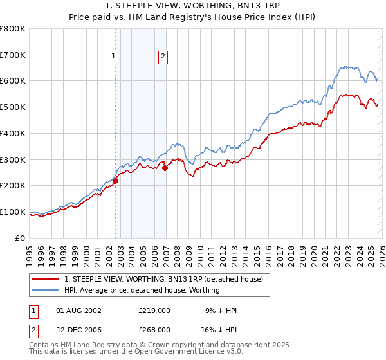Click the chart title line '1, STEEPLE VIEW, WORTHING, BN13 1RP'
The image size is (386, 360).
(x=193, y=6)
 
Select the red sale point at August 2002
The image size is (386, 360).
(x=116, y=181)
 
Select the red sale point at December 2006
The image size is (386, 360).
(x=165, y=168)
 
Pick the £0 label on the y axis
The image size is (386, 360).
(x=21, y=238)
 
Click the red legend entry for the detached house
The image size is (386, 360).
(x=163, y=279)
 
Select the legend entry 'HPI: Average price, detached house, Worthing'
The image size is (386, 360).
(x=142, y=290)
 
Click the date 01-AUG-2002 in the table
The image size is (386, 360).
(x=78, y=310)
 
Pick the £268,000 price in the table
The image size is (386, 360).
(x=154, y=329)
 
